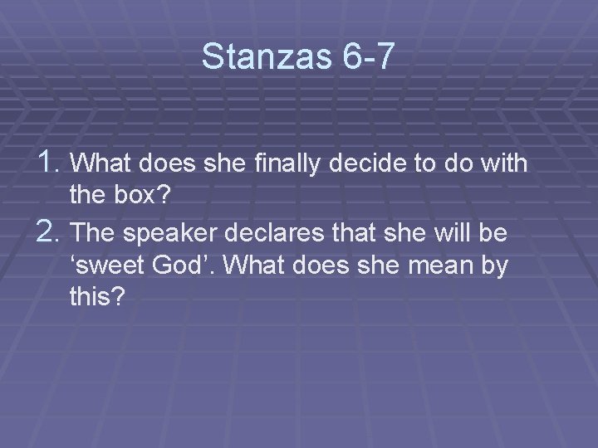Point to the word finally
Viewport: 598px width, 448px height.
pos(271,163)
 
